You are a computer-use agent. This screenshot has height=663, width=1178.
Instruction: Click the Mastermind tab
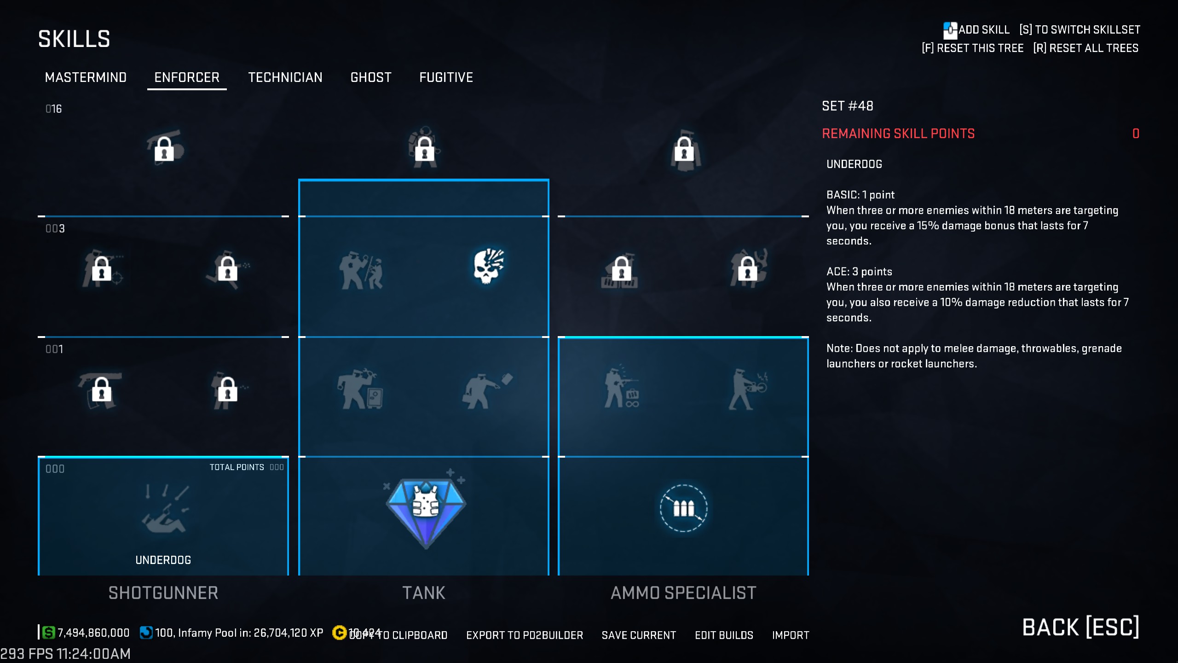pos(86,77)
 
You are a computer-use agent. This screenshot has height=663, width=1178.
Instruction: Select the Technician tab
pos(285,77)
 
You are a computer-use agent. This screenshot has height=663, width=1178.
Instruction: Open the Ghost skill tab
pos(371,77)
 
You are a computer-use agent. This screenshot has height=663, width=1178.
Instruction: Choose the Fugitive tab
pos(446,77)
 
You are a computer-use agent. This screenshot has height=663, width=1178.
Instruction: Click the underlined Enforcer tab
pos(187,77)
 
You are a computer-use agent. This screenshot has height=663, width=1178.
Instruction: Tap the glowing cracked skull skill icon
pos(488,267)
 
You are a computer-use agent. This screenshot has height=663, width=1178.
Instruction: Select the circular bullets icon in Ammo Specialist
pos(683,508)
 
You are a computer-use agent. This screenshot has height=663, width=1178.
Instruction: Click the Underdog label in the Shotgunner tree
pos(163,560)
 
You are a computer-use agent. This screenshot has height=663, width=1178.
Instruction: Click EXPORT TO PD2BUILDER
pos(525,635)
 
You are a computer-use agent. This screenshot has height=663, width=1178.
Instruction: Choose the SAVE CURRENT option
pos(639,635)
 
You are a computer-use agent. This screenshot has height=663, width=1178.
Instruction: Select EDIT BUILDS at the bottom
pos(724,635)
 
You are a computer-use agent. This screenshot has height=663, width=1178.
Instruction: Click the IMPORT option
pos(791,635)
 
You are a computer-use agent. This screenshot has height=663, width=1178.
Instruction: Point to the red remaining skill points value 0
pos(1136,134)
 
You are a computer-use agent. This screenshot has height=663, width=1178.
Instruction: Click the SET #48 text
pos(847,106)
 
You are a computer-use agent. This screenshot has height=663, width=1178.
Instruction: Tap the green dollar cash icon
pos(48,633)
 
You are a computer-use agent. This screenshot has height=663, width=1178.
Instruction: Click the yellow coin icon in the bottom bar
pos(339,633)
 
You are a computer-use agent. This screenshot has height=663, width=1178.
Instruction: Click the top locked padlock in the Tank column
pos(424,148)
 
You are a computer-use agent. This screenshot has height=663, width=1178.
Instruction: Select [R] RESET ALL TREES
pos(1086,48)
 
